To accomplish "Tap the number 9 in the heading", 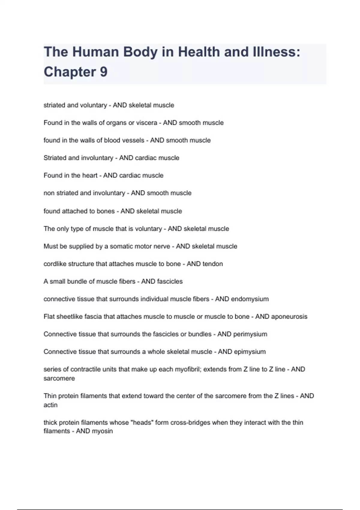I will click(x=103, y=72).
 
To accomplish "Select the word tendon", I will click(x=213, y=264).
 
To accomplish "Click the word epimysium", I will click(x=250, y=352).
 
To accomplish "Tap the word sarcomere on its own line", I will click(x=59, y=378).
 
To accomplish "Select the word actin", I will click(x=50, y=405).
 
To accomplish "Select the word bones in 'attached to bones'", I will click(x=106, y=211).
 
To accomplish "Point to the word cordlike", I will click(x=55, y=264).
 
